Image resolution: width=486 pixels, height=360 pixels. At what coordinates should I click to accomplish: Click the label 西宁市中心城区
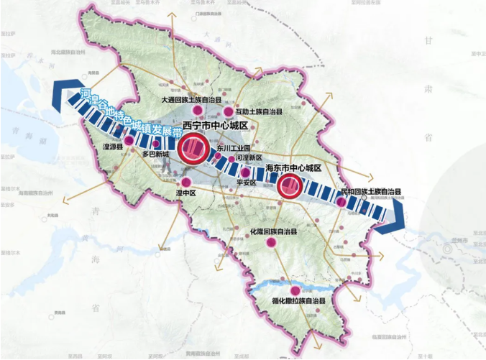pyautogui.click(x=215, y=126)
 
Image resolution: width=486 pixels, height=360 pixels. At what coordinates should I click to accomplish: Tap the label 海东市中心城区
pyautogui.click(x=292, y=167)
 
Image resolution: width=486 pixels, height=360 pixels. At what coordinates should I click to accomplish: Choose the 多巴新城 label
pyautogui.click(x=155, y=154)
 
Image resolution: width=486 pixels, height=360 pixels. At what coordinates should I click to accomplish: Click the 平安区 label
pyautogui.click(x=246, y=183)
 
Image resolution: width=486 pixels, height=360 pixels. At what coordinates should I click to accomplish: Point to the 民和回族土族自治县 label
pyautogui.click(x=370, y=192)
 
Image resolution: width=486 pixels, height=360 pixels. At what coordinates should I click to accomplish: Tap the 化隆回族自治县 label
pyautogui.click(x=273, y=232)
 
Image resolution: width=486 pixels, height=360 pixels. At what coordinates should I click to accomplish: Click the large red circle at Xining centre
pyautogui.click(x=193, y=149)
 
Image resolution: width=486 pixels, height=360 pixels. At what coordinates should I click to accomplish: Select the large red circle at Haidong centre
pyautogui.click(x=289, y=187)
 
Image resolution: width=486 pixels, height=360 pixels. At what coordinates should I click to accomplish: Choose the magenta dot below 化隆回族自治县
pyautogui.click(x=272, y=244)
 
